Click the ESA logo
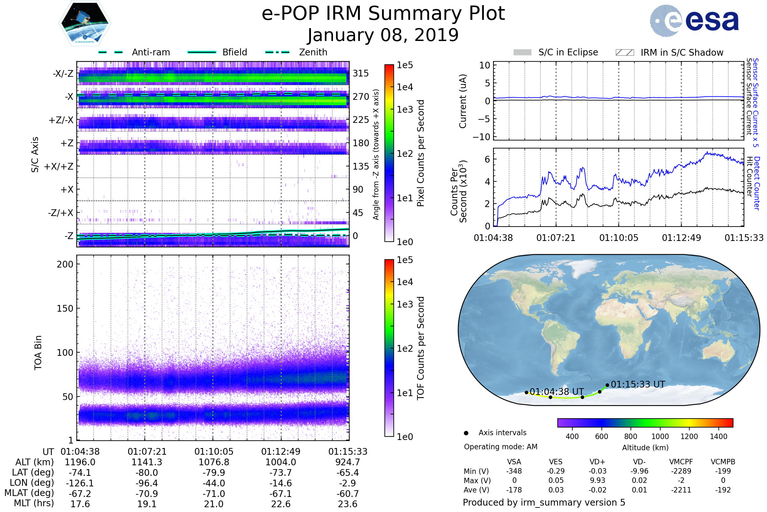coord(694,20)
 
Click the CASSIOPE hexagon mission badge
coord(85,23)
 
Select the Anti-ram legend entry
coord(134,52)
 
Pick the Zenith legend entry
coord(296,52)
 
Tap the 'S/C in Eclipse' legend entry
coord(556,52)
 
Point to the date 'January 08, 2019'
coord(383,35)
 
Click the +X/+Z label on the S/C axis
coord(59,166)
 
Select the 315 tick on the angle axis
coord(361,73)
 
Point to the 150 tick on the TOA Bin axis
coord(65,308)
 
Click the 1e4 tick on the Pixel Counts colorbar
coord(405,87)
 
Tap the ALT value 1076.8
coord(213,462)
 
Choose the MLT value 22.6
coord(281,504)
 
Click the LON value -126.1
coord(80,483)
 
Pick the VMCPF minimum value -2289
coord(681,471)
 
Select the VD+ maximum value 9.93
coord(597,480)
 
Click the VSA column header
coord(514,462)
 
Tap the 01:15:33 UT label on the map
coord(638,384)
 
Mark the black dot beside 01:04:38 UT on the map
coord(526,393)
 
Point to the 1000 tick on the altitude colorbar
coord(660,436)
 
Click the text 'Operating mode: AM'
coord(500,447)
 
